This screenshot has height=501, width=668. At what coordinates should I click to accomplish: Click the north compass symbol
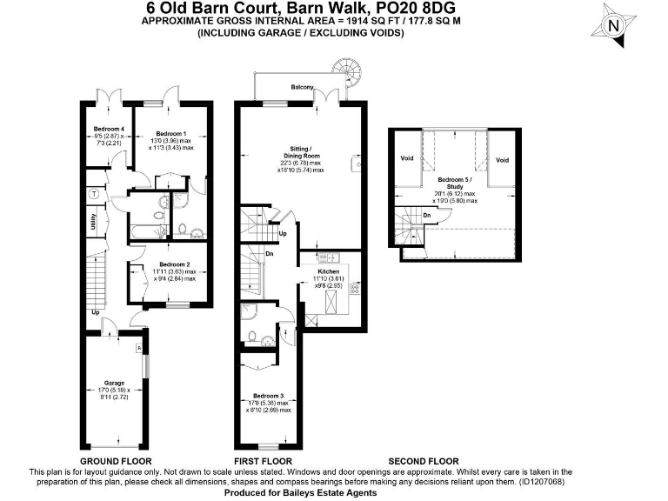[615, 25]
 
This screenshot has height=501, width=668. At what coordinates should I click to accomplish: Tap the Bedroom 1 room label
[170, 132]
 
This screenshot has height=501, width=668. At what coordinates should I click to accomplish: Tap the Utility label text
[91, 223]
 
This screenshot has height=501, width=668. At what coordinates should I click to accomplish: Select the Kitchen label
[328, 271]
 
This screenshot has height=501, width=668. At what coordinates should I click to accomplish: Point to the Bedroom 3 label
[269, 395]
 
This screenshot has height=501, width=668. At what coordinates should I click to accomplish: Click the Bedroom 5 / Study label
[458, 184]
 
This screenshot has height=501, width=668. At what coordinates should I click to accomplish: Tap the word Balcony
[303, 87]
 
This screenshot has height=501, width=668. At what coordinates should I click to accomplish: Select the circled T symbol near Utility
[92, 192]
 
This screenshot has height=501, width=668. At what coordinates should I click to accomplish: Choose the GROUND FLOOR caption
[116, 461]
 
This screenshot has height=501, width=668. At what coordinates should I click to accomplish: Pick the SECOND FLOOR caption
[423, 461]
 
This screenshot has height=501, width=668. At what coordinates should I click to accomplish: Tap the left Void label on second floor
[406, 159]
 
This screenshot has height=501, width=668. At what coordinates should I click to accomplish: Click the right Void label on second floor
[501, 160]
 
